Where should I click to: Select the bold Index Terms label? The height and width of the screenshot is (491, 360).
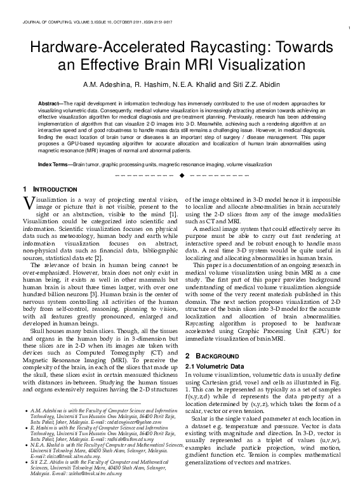tap(55, 164)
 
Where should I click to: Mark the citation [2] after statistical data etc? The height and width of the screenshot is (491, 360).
tap(98, 259)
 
